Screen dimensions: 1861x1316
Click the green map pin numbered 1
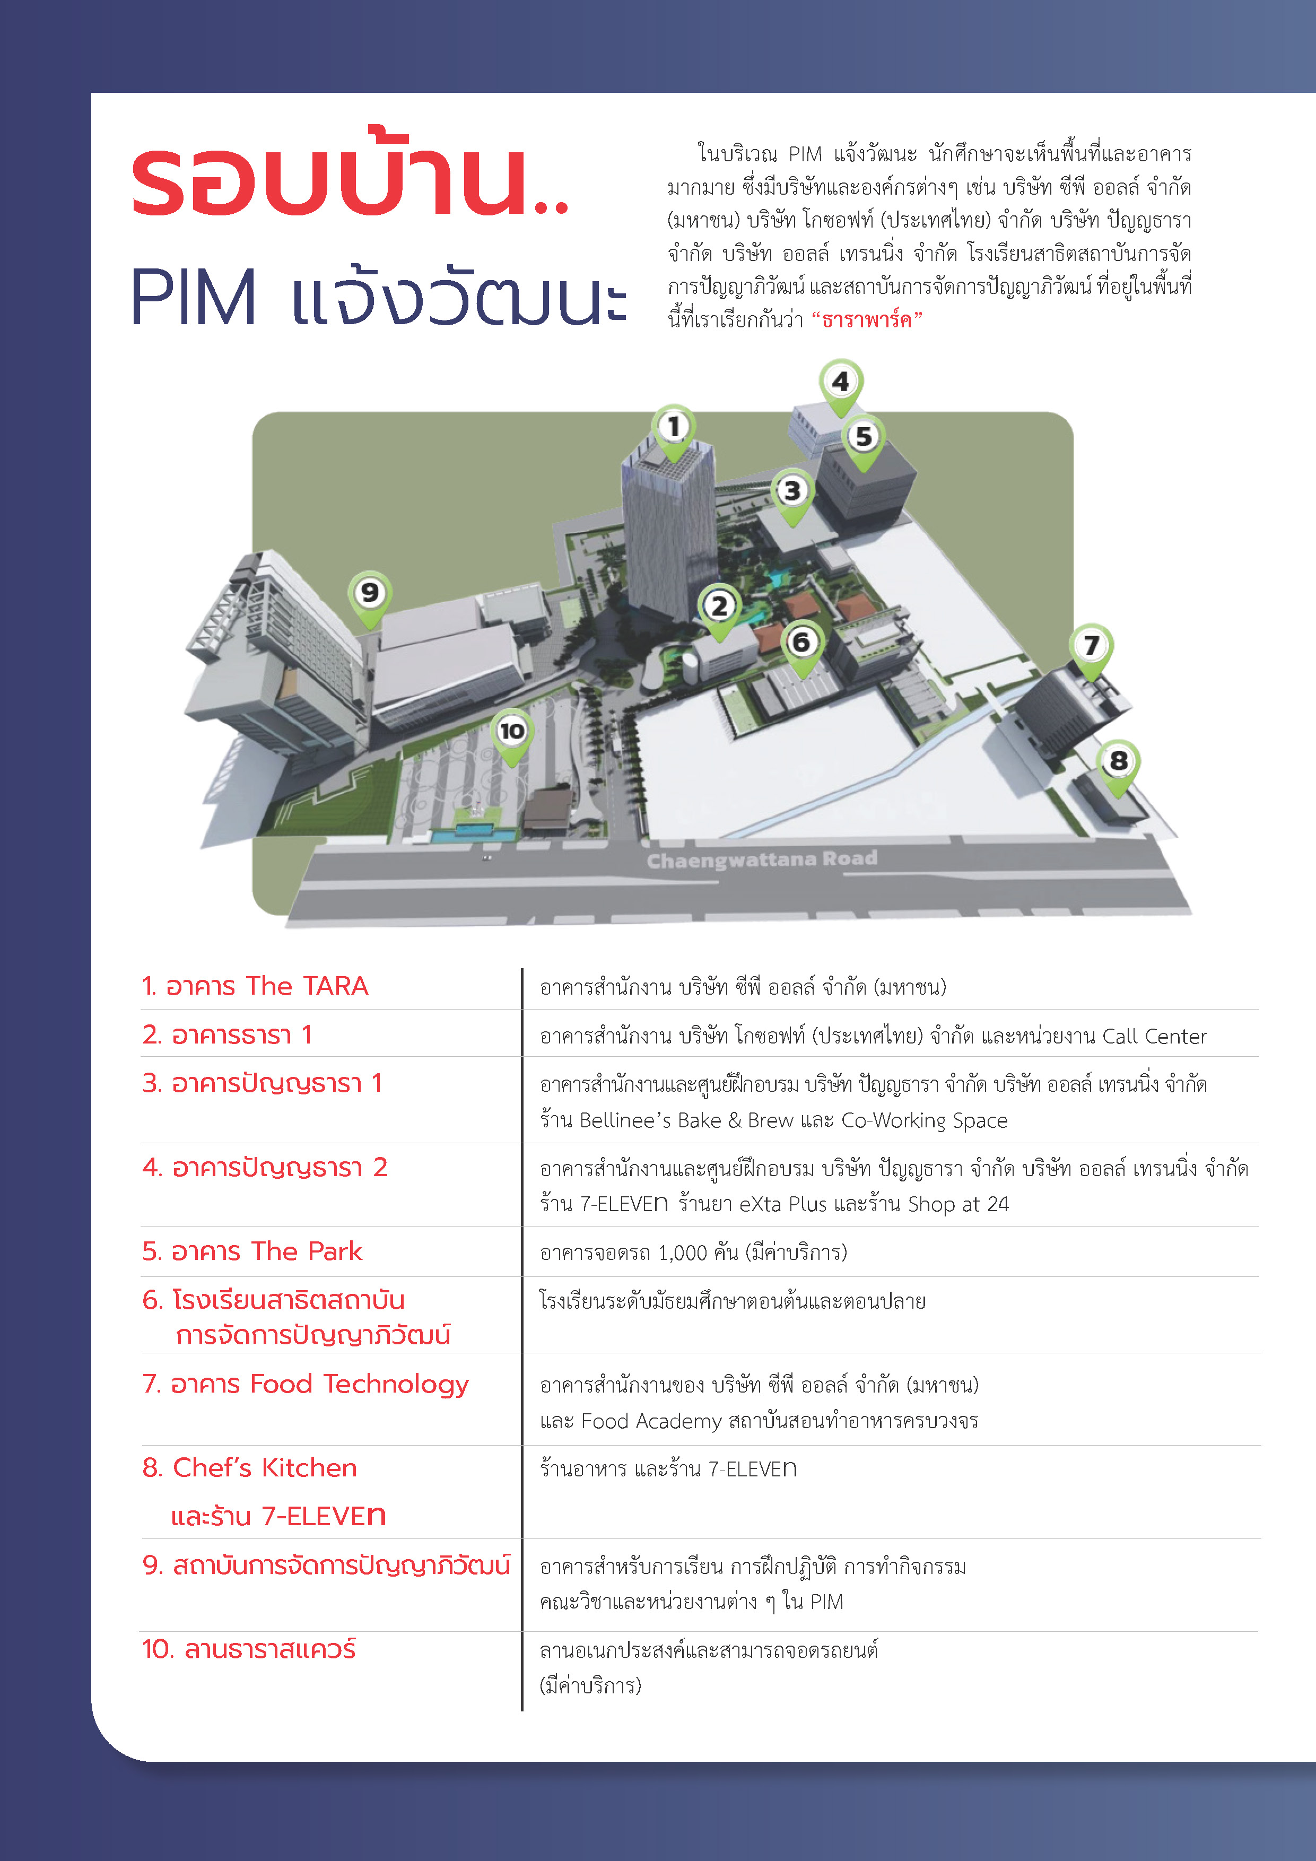tap(674, 427)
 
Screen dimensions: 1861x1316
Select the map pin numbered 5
tap(864, 438)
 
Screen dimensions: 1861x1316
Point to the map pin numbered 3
tap(792, 491)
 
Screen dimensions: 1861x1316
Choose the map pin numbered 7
tap(1092, 647)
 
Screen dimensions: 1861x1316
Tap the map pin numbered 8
tap(1118, 762)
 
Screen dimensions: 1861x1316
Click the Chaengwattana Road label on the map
tap(762, 859)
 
